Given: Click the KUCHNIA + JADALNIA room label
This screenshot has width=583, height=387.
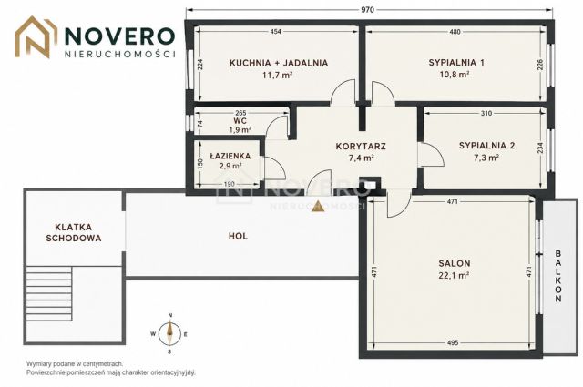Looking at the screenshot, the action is click(x=279, y=63).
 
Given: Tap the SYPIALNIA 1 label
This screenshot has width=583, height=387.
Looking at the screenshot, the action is click(x=456, y=63).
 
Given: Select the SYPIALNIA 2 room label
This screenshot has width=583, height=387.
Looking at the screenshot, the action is click(x=486, y=146).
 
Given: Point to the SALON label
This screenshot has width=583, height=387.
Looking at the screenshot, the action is click(x=455, y=263).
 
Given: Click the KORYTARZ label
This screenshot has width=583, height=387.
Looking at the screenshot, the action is click(x=361, y=146).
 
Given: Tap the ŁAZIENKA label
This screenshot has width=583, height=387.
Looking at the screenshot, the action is click(x=230, y=156).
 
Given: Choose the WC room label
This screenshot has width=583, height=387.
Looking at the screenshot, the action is click(x=240, y=121).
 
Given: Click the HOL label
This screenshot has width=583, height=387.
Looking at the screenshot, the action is click(x=238, y=236).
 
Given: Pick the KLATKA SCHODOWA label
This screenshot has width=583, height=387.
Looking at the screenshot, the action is click(x=74, y=232).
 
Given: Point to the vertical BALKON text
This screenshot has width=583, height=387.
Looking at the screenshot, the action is click(x=558, y=276).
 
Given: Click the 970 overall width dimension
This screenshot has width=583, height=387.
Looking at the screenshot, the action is click(x=367, y=10).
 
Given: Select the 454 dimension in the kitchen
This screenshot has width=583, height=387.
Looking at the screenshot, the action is click(x=275, y=32).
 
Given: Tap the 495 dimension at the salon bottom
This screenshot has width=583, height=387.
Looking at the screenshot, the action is click(x=453, y=342).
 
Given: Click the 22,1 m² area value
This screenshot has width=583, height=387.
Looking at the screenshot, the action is click(x=455, y=276).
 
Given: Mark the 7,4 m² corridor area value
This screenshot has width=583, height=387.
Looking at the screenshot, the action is click(x=361, y=158).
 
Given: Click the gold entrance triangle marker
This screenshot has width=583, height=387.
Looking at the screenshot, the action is click(x=318, y=206).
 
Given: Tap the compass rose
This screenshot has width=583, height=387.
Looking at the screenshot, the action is click(x=170, y=334).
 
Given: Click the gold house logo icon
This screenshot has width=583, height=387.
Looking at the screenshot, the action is click(x=36, y=37).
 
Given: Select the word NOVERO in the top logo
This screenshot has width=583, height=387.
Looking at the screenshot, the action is click(x=119, y=36).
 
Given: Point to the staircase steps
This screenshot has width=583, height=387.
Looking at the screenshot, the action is click(x=49, y=294).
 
